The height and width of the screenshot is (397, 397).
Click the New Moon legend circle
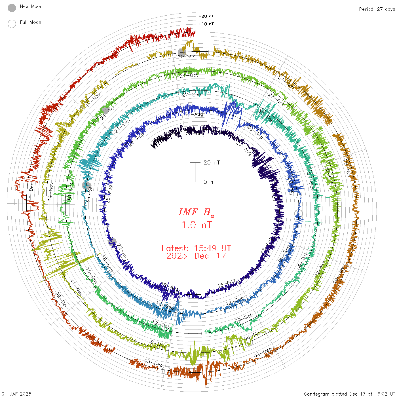[12, 8]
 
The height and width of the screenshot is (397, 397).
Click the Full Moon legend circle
[12, 24]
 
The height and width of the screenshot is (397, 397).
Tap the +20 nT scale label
[206, 16]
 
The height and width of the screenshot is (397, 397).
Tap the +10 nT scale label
[206, 24]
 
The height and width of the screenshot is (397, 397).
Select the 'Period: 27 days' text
[377, 9]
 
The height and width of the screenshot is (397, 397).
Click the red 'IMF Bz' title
[196, 212]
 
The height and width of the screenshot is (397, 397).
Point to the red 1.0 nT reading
[196, 225]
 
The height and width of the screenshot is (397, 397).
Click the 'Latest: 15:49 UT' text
[196, 248]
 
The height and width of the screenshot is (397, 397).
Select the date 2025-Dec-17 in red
[196, 256]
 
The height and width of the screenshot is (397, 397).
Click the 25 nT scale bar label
[212, 162]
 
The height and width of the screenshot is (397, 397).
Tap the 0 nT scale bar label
[210, 182]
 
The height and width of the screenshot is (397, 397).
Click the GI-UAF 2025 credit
[16, 394]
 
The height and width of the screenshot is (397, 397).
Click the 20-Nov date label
[186, 56]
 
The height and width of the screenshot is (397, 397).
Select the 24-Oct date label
[189, 75]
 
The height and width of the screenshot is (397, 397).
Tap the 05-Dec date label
[153, 363]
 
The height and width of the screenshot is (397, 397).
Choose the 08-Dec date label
[62, 300]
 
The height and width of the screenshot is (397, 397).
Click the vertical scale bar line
[195, 172]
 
